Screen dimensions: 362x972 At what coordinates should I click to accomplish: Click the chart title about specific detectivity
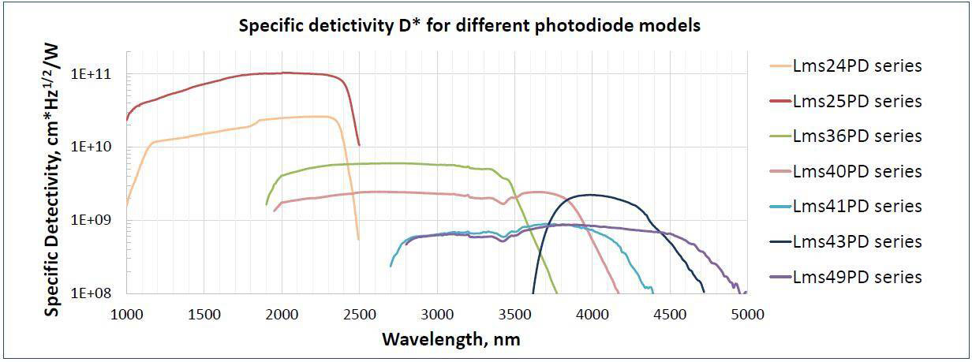coord(470,25)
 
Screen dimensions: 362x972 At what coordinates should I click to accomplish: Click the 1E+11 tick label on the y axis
coord(92,75)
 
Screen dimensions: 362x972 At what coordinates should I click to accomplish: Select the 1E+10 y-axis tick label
coord(92,147)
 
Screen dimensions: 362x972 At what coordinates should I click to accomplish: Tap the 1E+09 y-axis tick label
coord(92,220)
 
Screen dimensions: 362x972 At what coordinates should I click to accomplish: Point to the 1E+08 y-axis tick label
coord(92,293)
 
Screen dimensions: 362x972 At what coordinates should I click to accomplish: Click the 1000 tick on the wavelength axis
coord(126,315)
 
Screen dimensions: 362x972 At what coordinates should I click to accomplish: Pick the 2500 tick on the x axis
coord(359,315)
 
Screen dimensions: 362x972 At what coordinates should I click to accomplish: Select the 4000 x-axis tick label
coord(592,315)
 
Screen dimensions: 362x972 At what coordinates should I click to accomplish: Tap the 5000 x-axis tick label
coord(746,315)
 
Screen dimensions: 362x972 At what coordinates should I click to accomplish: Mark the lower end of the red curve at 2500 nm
coord(359,144)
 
